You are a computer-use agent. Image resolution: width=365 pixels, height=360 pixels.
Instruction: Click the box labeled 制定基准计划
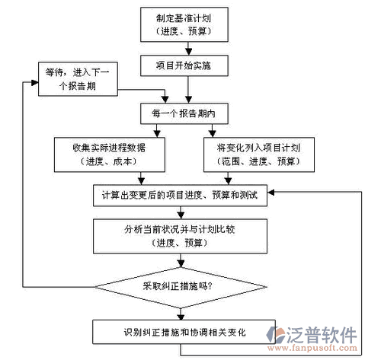(184, 24)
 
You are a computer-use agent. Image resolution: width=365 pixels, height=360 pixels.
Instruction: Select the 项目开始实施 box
(184, 65)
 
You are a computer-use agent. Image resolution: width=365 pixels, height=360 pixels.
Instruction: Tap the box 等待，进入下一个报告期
(78, 79)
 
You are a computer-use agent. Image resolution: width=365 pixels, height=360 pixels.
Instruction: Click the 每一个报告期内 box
(184, 113)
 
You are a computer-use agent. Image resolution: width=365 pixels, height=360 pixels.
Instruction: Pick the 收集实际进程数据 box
(110, 155)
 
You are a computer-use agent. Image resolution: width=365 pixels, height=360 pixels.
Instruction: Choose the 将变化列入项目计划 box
(259, 155)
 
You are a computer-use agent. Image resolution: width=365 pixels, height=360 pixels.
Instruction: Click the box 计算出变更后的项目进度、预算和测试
(180, 196)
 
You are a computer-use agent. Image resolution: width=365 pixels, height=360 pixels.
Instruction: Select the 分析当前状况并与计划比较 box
(180, 236)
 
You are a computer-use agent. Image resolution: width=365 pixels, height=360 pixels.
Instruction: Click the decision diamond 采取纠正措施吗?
(181, 288)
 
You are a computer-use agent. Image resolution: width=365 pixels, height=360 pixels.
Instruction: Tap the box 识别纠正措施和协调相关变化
(184, 332)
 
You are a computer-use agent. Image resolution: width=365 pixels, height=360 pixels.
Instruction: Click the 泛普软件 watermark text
(322, 335)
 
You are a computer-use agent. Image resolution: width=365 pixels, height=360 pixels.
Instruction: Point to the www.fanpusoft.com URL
(312, 348)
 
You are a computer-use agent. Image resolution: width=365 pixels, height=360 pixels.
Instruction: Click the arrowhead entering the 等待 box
(35, 82)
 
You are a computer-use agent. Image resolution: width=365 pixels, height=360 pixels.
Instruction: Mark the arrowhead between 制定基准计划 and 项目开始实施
(188, 52)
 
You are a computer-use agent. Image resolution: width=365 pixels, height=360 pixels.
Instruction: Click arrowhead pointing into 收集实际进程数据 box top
(157, 134)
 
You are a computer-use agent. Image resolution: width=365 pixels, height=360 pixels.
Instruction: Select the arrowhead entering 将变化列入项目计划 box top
(212, 134)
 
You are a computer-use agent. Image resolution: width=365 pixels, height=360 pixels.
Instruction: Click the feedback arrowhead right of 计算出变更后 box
(271, 193)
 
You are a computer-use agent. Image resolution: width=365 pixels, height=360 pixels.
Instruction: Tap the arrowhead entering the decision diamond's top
(181, 264)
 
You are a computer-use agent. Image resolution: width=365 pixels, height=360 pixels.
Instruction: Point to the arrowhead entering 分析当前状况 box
(181, 215)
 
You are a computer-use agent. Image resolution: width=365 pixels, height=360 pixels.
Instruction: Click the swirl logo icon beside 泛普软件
(276, 335)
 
